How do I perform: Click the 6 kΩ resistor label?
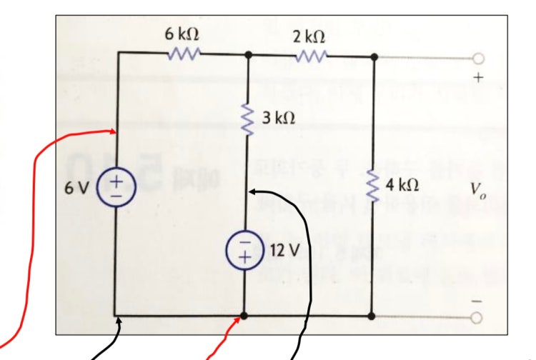(x=182, y=34)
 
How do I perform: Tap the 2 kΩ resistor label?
(x=309, y=36)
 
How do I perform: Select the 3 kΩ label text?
(x=279, y=118)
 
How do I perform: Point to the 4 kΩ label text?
(x=402, y=185)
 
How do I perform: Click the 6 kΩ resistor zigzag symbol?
(x=184, y=54)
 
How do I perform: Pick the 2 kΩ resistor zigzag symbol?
(x=312, y=56)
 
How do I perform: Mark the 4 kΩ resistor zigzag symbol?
(x=372, y=186)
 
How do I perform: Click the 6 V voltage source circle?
(x=116, y=188)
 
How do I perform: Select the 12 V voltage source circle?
(x=244, y=250)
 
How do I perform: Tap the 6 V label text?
(x=77, y=188)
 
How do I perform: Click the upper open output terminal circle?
(x=479, y=59)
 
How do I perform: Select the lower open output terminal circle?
(x=477, y=318)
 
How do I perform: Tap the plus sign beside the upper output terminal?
(x=479, y=78)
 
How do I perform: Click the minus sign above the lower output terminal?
(x=477, y=301)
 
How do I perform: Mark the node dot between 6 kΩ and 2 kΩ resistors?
(x=249, y=54)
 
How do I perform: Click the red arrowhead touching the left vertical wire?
(x=114, y=131)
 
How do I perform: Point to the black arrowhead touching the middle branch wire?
(x=252, y=192)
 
